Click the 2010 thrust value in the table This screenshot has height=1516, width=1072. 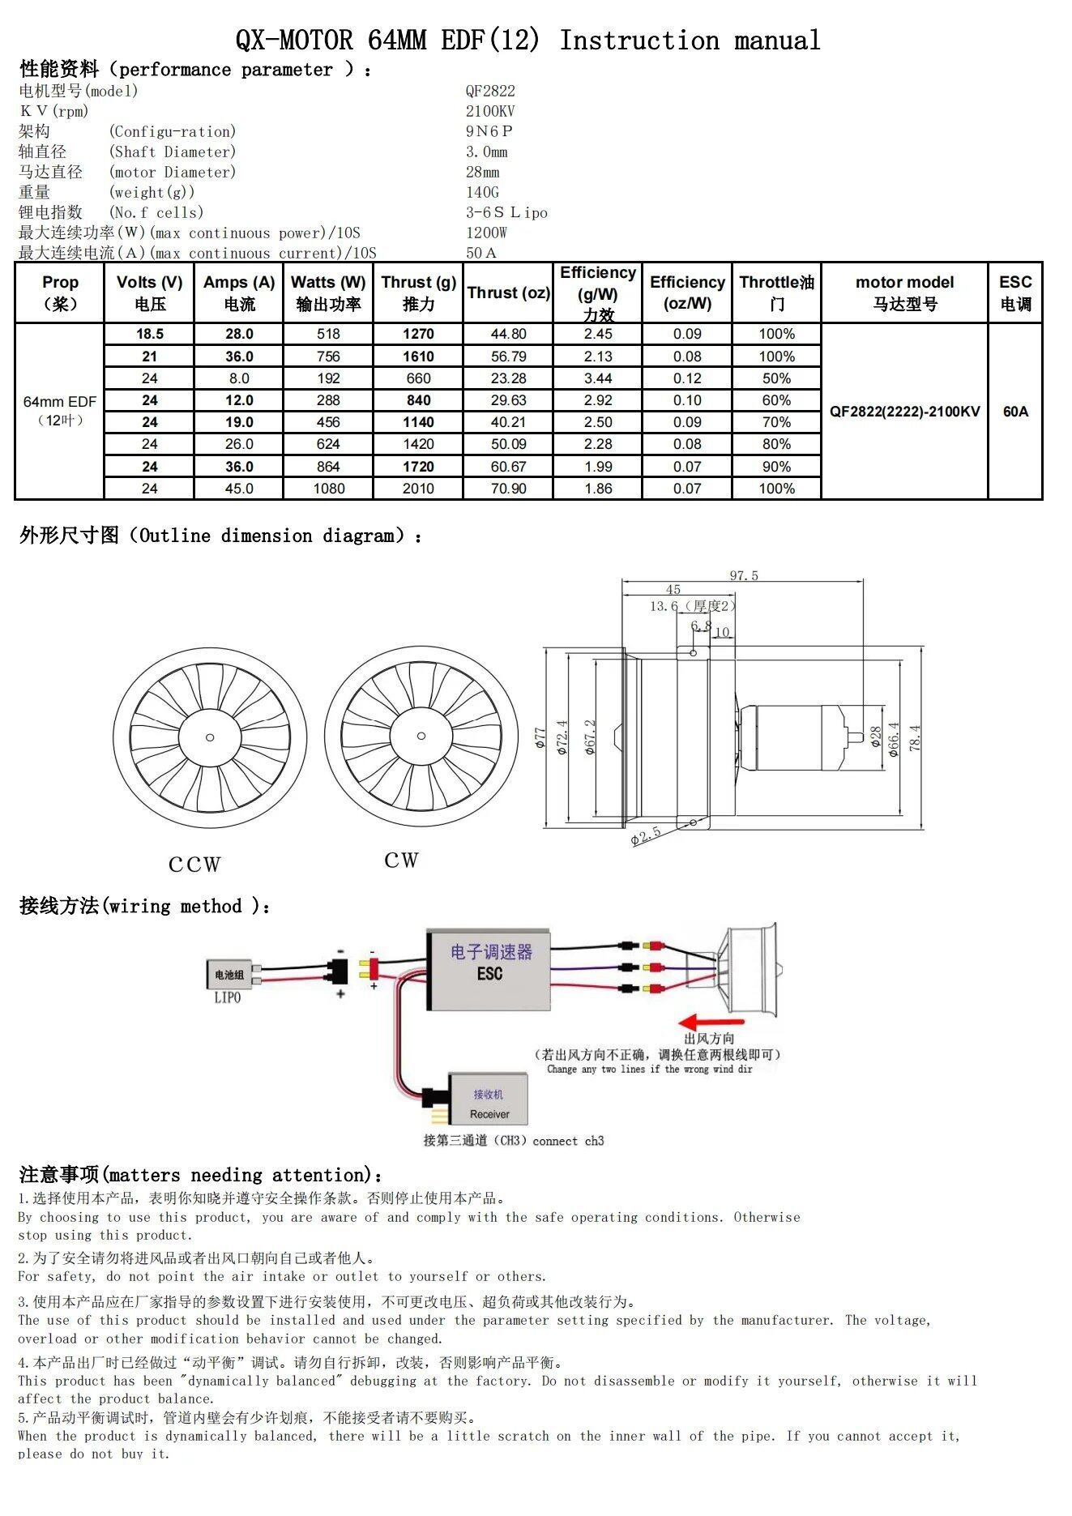coord(418,489)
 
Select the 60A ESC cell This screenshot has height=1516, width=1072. coord(1014,412)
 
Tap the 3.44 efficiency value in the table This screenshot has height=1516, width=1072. coord(597,378)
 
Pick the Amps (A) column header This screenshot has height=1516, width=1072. coord(239,293)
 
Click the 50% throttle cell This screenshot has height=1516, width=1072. coord(776,378)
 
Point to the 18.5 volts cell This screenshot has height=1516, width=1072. coord(150,334)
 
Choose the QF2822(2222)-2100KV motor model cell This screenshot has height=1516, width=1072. coord(904,412)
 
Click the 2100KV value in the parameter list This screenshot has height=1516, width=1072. coord(490,111)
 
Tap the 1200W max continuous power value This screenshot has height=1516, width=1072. coord(486,233)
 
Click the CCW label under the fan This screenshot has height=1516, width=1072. coord(194,865)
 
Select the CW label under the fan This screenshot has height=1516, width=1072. coord(401,860)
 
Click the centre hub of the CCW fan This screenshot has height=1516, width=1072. coord(210,737)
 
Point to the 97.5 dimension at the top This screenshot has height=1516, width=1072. coord(743,576)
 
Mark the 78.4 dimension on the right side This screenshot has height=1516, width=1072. coord(915,738)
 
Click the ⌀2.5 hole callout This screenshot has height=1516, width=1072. coord(646,835)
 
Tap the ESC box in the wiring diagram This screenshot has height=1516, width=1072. coord(490,970)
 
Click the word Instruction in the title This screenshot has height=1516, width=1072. coord(639,40)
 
